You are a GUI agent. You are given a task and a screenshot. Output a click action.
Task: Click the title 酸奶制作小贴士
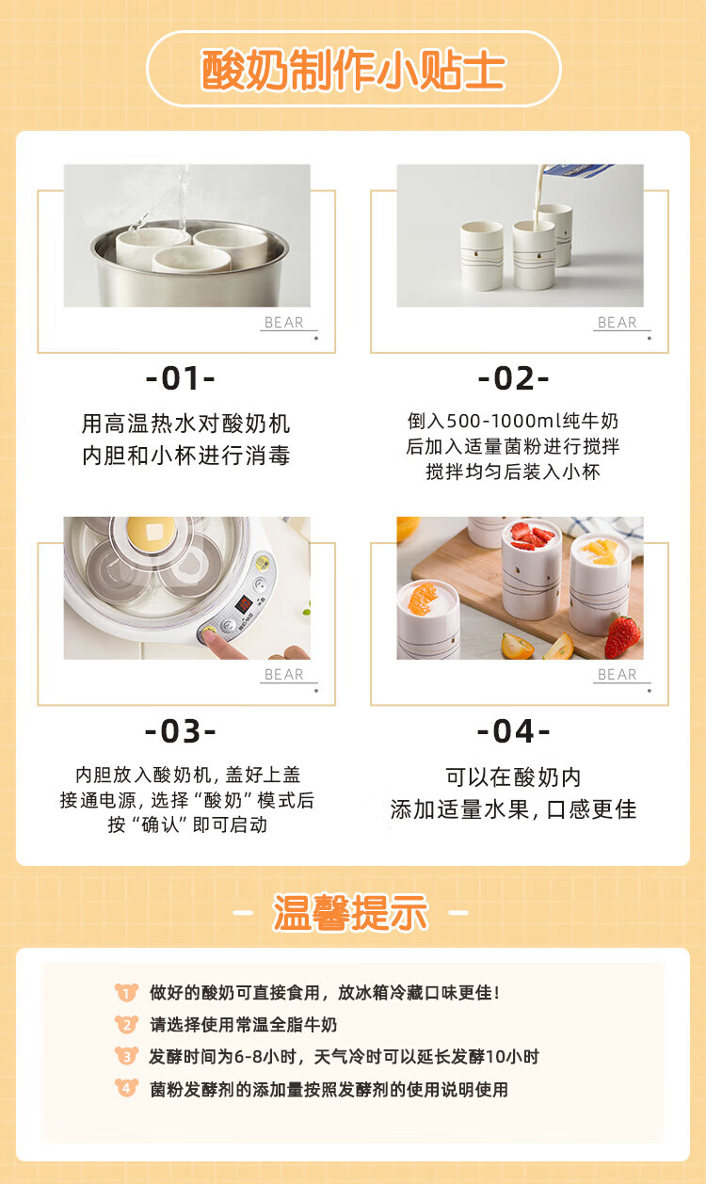pos(353,70)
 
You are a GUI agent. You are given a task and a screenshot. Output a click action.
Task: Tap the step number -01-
pos(181,378)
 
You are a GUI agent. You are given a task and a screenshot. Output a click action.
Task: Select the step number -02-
pos(514,378)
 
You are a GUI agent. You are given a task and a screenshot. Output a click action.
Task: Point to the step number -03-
pos(181,731)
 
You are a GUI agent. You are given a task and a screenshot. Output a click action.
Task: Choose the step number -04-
pos(514,731)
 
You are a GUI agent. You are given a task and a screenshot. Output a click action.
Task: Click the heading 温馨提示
pos(350,912)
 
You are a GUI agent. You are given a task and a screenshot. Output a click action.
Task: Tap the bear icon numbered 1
pos(126,992)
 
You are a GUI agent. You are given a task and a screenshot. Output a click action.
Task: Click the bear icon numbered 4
pos(126,1088)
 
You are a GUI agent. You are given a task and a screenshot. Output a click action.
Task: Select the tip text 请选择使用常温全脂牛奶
pos(243,1025)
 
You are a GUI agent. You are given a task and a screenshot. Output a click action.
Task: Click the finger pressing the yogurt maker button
pos(222,644)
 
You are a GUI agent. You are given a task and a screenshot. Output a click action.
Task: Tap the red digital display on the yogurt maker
pos(244,603)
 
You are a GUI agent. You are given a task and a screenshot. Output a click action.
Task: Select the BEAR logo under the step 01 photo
pos(284,323)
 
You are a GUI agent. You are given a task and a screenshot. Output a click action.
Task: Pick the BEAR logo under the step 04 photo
pos(618,675)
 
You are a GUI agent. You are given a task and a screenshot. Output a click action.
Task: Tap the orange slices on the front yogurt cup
pos(423,598)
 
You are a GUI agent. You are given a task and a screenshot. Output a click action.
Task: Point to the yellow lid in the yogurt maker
pos(152,533)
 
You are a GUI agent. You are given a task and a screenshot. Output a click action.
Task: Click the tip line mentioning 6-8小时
pos(344,1057)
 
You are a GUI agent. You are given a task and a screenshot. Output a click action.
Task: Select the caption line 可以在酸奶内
pos(513,777)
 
